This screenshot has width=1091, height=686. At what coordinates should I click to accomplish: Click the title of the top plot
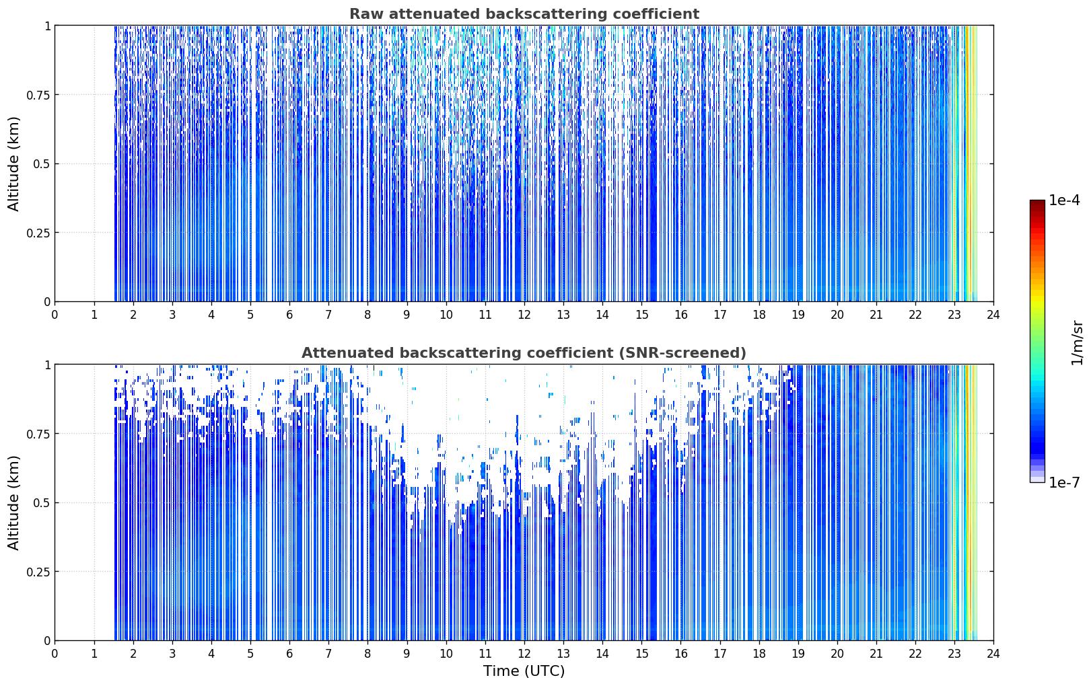pos(524,14)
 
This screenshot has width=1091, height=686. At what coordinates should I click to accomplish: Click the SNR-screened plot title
pos(524,352)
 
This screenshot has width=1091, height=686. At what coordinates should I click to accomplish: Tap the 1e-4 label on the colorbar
pos(1064,200)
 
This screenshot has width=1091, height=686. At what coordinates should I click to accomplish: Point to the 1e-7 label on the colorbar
pos(1064,483)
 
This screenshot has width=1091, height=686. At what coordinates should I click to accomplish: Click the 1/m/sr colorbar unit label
pos(1077,342)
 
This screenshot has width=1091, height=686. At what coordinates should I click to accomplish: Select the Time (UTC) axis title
pos(524,671)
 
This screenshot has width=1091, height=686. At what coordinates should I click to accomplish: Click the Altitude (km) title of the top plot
pos(13,164)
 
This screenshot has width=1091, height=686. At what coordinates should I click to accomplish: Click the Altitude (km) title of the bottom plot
pos(13,502)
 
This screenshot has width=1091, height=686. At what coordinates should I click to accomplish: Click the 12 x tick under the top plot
pos(524,315)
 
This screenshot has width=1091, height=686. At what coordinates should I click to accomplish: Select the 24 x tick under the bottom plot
pos(993,654)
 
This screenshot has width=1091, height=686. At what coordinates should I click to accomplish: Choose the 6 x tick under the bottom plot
pos(289,654)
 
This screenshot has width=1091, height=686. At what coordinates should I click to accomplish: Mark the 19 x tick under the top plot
pos(798,315)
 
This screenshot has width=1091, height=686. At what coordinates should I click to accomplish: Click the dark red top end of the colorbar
pos(1037,202)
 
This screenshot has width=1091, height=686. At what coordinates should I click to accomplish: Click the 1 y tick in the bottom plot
pos(48,365)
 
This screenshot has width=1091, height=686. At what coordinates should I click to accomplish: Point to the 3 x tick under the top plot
pos(172,315)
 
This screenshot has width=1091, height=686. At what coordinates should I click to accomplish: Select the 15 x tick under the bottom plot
pos(641,654)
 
